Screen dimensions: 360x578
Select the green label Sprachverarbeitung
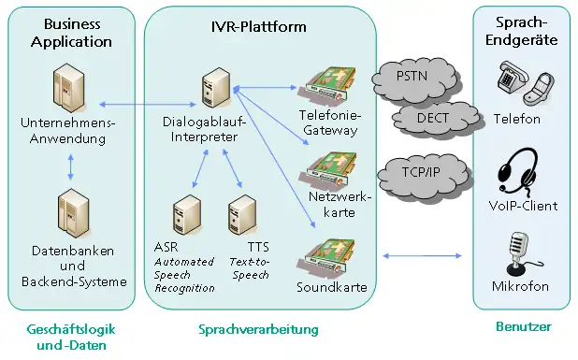pyautogui.click(x=258, y=330)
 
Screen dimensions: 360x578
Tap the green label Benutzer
pyautogui.click(x=522, y=326)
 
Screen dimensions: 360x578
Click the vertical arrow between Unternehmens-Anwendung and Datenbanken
pyautogui.click(x=73, y=167)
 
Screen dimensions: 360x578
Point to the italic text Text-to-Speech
pyautogui.click(x=248, y=269)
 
